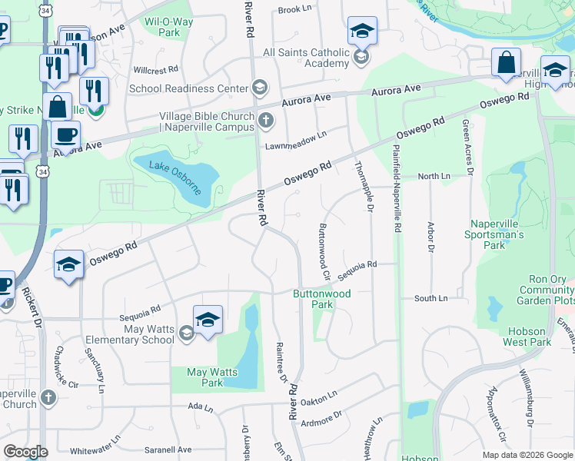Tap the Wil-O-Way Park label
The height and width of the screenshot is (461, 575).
click(162, 27)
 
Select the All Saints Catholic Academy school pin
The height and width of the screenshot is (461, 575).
click(362, 32)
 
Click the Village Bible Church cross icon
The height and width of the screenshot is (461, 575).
click(266, 119)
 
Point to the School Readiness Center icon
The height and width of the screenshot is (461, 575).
click(259, 88)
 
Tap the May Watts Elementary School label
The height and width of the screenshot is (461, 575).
click(137, 334)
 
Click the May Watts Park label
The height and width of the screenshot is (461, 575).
click(205, 377)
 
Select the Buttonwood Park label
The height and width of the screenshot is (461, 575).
click(321, 299)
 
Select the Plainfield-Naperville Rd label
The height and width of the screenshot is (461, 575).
click(397, 189)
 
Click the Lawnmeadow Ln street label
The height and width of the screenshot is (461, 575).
click(296, 138)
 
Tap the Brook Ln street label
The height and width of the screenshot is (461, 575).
click(294, 10)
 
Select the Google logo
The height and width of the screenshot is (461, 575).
click(25, 452)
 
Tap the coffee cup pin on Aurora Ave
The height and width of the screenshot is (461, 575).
click(65, 135)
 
